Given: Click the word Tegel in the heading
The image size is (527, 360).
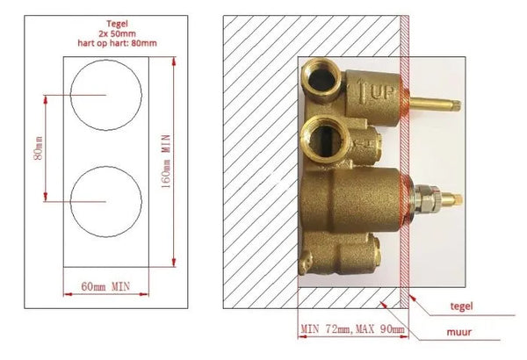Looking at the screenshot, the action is [117, 24].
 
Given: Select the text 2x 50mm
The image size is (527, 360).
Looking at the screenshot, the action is [117, 33].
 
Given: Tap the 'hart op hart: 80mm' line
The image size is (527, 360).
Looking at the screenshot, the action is [117, 43].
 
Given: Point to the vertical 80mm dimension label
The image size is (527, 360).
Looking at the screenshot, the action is [39, 148].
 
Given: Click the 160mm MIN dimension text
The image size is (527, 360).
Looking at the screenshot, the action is [166, 161].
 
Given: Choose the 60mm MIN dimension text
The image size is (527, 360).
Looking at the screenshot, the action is [105, 287].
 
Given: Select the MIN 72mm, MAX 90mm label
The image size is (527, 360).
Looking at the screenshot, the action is [352, 328].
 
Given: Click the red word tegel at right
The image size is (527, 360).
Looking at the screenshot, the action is [461, 306].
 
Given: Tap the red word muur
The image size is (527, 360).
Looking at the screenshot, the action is [459, 332].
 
